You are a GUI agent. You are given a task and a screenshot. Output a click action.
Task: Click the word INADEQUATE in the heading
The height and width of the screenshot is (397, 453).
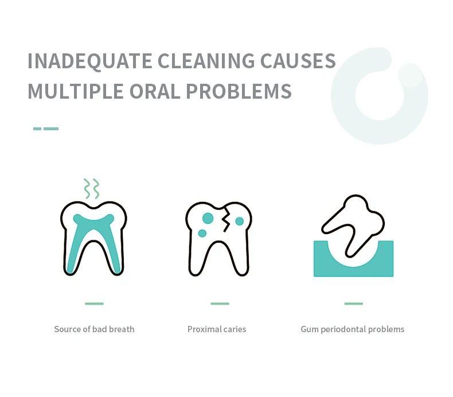pos(90,61)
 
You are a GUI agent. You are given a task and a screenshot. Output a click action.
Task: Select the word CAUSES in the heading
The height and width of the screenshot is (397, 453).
pos(298,61)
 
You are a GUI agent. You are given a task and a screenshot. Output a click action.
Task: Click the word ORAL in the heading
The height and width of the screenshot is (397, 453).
pos(155,91)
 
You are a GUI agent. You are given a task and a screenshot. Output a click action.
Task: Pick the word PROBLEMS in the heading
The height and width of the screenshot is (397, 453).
pos(239,91)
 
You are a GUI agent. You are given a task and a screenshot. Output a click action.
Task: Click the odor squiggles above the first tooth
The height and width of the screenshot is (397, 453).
pos(92,189)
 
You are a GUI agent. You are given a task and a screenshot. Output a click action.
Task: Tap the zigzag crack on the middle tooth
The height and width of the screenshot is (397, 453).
pos(226,220)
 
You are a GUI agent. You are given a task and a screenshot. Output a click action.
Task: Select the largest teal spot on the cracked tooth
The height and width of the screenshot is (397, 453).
pos(208,219)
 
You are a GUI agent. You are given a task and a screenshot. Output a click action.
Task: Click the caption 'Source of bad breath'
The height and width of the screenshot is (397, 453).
pos(94,329)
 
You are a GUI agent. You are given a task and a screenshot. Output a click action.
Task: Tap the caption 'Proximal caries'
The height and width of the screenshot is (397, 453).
pos(217,329)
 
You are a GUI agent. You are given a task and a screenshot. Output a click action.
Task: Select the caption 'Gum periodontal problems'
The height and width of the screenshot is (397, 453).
pos(353,329)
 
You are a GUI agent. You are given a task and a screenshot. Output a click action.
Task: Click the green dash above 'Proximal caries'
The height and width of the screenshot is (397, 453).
pos(220,303)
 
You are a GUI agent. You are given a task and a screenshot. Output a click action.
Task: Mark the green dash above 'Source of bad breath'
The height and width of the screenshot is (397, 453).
pos(94,303)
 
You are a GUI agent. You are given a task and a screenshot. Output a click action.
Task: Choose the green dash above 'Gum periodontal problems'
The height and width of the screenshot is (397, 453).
pos(354,303)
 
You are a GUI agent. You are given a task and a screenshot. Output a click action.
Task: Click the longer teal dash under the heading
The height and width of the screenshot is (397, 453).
pos(51,129)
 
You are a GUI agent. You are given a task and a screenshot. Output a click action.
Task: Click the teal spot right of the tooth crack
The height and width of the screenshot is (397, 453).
pos(240,221)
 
